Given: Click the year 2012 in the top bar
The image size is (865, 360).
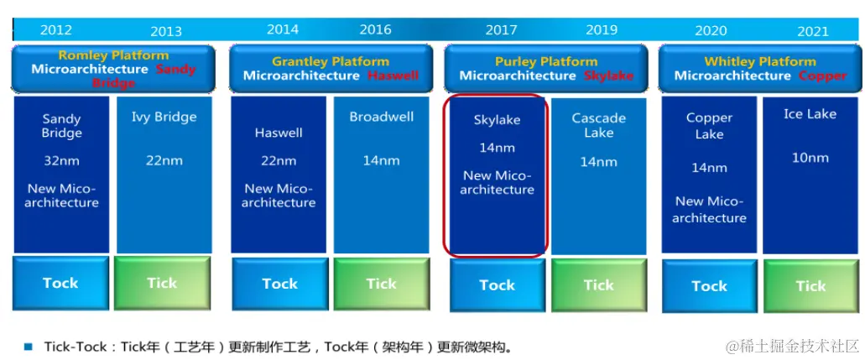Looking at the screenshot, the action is (55, 30).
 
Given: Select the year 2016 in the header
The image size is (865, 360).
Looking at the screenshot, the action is (375, 29).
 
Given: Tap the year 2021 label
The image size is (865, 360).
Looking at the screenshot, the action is (812, 31).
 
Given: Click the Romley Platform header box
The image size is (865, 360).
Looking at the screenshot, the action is (113, 68).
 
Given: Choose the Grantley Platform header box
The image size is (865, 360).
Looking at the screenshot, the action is (331, 68).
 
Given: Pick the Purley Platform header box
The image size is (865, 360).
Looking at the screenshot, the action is (546, 68).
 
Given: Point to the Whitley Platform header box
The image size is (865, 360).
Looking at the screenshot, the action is (760, 68).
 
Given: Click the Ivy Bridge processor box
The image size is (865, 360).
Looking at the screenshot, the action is (164, 175).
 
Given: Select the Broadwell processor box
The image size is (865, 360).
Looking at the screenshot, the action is (382, 175).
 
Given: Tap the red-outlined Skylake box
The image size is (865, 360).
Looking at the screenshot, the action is (497, 175).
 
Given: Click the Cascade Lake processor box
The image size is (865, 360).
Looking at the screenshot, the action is (598, 175).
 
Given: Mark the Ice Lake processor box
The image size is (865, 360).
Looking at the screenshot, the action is (810, 175).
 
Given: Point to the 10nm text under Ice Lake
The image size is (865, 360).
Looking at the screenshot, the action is (810, 158).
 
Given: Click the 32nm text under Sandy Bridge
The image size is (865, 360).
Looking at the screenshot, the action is (61, 160).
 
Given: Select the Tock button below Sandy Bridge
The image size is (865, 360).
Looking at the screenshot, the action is (60, 284).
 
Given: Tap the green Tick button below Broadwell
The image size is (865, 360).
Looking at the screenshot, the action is (382, 284).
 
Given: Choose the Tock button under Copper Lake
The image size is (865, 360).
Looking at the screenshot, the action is (709, 286).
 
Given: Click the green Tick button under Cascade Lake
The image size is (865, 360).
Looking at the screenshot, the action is (598, 285).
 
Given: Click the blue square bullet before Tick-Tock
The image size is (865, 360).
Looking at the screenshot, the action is (28, 346).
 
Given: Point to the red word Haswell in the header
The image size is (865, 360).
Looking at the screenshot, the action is (393, 76).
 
